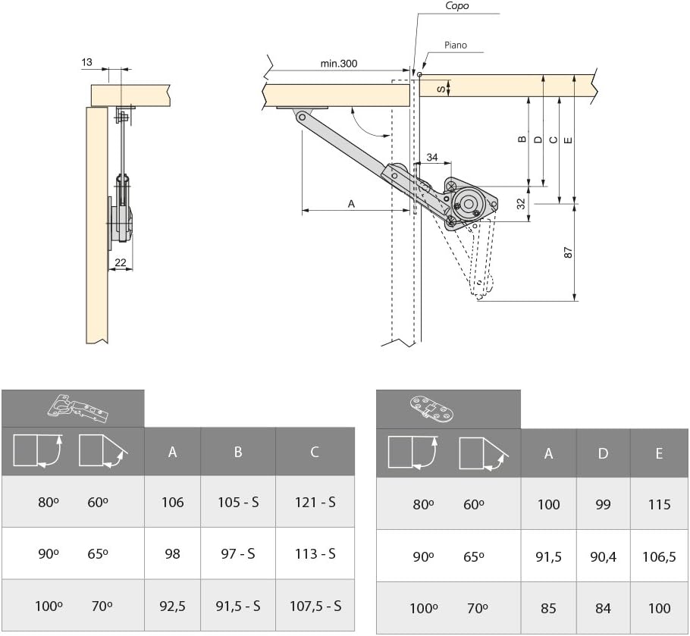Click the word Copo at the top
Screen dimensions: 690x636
point(456,6)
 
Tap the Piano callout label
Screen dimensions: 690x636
point(456,45)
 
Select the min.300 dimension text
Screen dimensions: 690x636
point(339,64)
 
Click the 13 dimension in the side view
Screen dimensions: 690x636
point(86,62)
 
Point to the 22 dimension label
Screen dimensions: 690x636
point(120,262)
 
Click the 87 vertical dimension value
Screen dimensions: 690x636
point(568,252)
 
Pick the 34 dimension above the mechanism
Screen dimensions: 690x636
point(432,157)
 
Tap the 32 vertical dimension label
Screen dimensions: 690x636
point(521,204)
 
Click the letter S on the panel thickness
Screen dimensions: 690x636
point(441,89)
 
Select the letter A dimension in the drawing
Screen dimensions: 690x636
point(351,204)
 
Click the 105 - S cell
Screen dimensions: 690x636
point(238,502)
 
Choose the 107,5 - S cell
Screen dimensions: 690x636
point(315,606)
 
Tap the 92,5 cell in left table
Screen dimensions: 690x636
point(173,606)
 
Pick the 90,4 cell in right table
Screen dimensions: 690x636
point(603,557)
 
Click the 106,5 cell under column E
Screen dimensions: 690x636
point(659,557)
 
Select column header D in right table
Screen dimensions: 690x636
point(603,453)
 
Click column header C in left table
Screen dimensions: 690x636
point(314,452)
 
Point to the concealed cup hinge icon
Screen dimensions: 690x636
point(78,409)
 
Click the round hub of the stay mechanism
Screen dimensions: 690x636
point(469,204)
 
